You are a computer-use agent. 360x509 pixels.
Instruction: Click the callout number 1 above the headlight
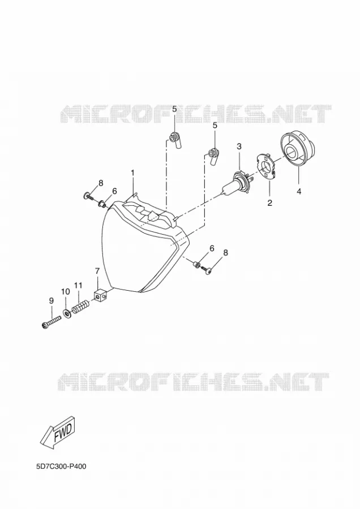pyautogui.click(x=132, y=174)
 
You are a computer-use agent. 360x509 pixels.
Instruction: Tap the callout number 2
pyautogui.click(x=269, y=203)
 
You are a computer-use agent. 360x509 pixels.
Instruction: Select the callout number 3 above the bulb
pyautogui.click(x=239, y=146)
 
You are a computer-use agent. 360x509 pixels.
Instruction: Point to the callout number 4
pyautogui.click(x=299, y=192)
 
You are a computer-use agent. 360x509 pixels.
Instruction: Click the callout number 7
pyautogui.click(x=97, y=271)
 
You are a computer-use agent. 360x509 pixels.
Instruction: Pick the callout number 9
pyautogui.click(x=52, y=301)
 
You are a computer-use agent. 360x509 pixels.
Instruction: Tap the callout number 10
pyautogui.click(x=66, y=291)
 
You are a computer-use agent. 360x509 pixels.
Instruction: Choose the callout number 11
pyautogui.click(x=78, y=286)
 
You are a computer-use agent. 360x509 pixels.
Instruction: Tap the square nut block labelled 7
pyautogui.click(x=100, y=296)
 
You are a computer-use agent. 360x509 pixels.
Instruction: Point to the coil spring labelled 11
pyautogui.click(x=80, y=307)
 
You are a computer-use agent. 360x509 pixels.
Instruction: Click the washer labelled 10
pyautogui.click(x=67, y=314)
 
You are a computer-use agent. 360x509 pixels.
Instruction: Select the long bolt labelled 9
pyautogui.click(x=52, y=322)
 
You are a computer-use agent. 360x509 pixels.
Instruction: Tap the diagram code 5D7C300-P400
pyautogui.click(x=61, y=467)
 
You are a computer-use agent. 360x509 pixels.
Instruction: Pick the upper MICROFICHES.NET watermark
pyautogui.click(x=196, y=113)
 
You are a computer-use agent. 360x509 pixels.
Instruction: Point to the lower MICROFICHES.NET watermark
pyautogui.click(x=194, y=381)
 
